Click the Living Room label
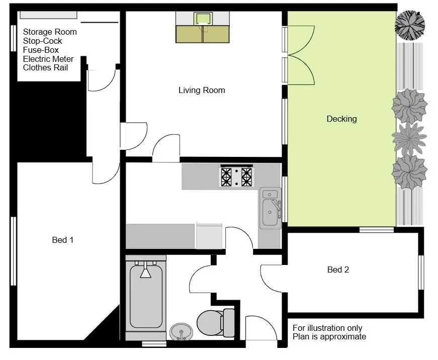(x=202, y=90)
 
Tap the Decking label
(x=341, y=119)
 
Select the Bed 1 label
(x=63, y=240)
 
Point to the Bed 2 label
(x=338, y=269)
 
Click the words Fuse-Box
(x=41, y=50)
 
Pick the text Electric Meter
(x=48, y=59)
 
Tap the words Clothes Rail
(x=46, y=67)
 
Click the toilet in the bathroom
(x=216, y=323)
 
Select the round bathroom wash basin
(x=182, y=332)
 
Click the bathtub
(x=146, y=296)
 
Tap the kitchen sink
(x=270, y=208)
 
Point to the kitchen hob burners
(x=236, y=176)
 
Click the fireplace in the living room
(x=203, y=27)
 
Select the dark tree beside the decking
(x=410, y=26)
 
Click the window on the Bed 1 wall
(x=14, y=251)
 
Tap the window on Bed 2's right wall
(x=421, y=273)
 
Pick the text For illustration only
(x=327, y=328)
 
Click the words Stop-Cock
(x=42, y=41)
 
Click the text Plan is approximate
(x=329, y=336)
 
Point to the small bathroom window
(x=154, y=344)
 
